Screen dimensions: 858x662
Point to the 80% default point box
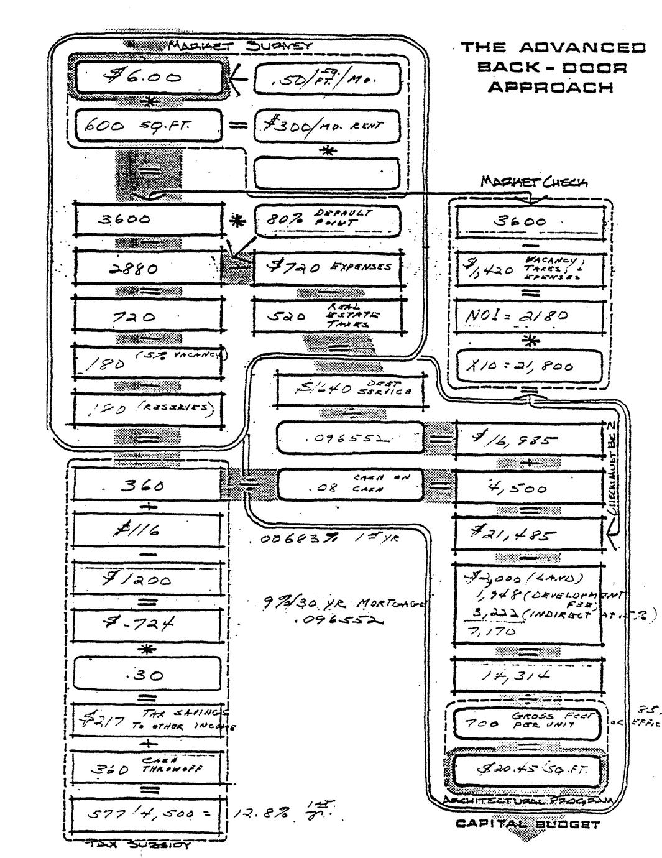click(x=328, y=220)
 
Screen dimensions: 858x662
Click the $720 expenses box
click(x=328, y=268)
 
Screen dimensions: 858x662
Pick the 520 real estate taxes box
click(x=328, y=316)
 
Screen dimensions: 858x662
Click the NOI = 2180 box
click(x=530, y=315)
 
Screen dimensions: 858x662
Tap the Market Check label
click(x=533, y=182)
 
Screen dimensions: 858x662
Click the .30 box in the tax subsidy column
click(x=148, y=674)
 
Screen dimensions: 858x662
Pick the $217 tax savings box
click(x=148, y=721)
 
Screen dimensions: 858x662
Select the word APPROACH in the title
click(x=550, y=86)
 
